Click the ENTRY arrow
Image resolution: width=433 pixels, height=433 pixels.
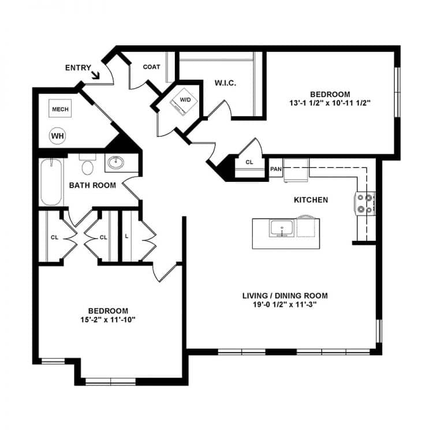[x=95, y=75]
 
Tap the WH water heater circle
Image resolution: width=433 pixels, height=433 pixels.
[x=57, y=136]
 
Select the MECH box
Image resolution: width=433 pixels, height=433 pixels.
[x=60, y=109]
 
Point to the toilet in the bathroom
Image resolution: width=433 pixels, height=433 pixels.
[x=88, y=165]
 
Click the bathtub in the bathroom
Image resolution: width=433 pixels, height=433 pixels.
[x=51, y=182]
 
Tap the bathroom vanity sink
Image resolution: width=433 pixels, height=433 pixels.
[x=115, y=163]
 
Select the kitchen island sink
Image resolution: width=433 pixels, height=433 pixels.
[x=282, y=229]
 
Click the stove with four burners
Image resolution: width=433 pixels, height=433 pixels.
[x=365, y=204]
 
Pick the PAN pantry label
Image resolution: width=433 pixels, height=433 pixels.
[x=275, y=169]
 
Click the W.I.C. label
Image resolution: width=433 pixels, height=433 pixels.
[x=225, y=83]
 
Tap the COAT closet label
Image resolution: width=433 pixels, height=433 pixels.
[x=151, y=67]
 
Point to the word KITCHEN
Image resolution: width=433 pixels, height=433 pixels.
[x=311, y=200]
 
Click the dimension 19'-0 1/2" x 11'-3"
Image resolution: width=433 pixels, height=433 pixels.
[x=285, y=305]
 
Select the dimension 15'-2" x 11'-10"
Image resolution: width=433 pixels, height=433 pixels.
[x=108, y=320]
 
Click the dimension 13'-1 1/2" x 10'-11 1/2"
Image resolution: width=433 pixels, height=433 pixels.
[x=330, y=103]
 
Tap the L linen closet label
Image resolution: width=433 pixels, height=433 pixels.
[x=127, y=236]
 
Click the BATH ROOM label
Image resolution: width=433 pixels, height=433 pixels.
[x=92, y=185]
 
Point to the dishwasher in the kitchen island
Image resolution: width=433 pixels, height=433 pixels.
[x=305, y=226]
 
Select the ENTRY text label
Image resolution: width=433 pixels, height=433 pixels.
[x=78, y=68]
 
